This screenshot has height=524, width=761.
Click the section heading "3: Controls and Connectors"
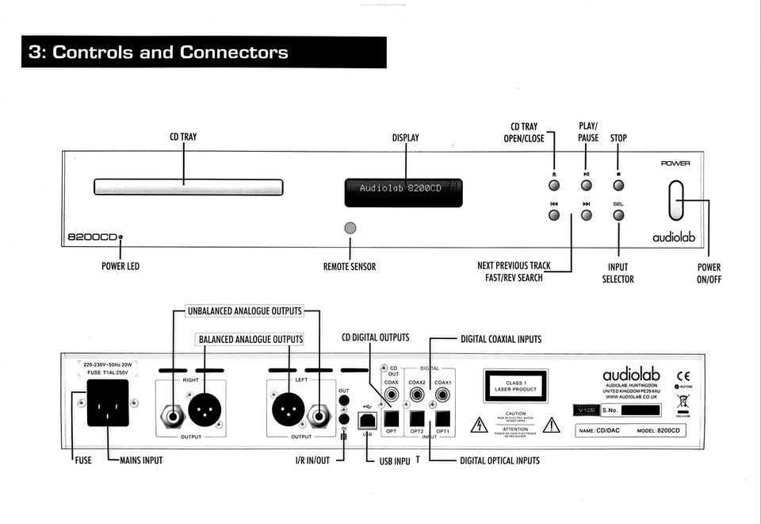pyautogui.click(x=159, y=53)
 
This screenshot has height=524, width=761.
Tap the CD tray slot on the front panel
pyautogui.click(x=188, y=187)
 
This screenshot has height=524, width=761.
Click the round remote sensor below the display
pyautogui.click(x=350, y=228)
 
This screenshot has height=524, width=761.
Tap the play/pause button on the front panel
pyautogui.click(x=586, y=185)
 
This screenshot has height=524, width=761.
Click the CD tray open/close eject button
pyautogui.click(x=554, y=185)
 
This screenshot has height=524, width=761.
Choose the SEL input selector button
pyautogui.click(x=618, y=215)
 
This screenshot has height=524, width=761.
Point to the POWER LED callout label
pyautogui.click(x=120, y=267)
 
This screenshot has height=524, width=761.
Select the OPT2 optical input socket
pyautogui.click(x=416, y=418)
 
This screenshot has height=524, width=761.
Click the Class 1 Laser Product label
pyautogui.click(x=516, y=386)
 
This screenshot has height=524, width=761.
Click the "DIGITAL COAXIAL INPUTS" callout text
pyautogui.click(x=501, y=339)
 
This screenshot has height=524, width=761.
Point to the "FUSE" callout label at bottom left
pyautogui.click(x=82, y=460)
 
